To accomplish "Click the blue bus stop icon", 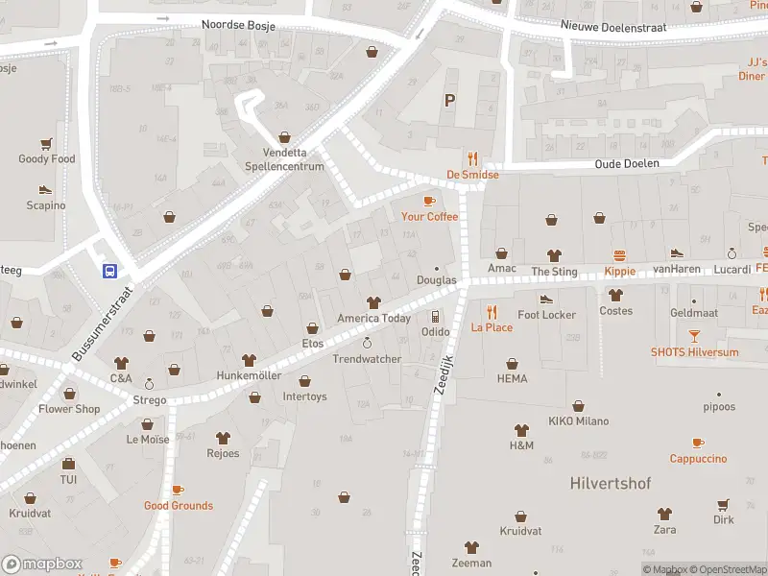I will pos(110,271).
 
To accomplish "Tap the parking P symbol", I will pos(448,100).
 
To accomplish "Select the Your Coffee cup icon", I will pos(429,201).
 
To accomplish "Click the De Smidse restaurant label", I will pos(472,175).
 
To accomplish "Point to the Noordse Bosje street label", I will pos(238,26).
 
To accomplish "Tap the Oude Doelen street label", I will pos(627,163).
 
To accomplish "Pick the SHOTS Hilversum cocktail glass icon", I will pos(695,336).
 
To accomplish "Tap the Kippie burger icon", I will pos(619,255).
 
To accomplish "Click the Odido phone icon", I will pos(435,316).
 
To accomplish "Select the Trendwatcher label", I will pos(366,359).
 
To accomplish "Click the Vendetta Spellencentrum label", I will pos(293,159).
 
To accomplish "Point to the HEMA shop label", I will pos(513,378).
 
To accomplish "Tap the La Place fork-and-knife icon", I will pos(492,311).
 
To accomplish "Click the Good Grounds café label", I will pos(179,505).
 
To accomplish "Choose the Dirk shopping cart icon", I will pos(723,504).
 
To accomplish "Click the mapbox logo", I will pos(42,564).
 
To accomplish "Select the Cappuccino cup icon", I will pos(698,443).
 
